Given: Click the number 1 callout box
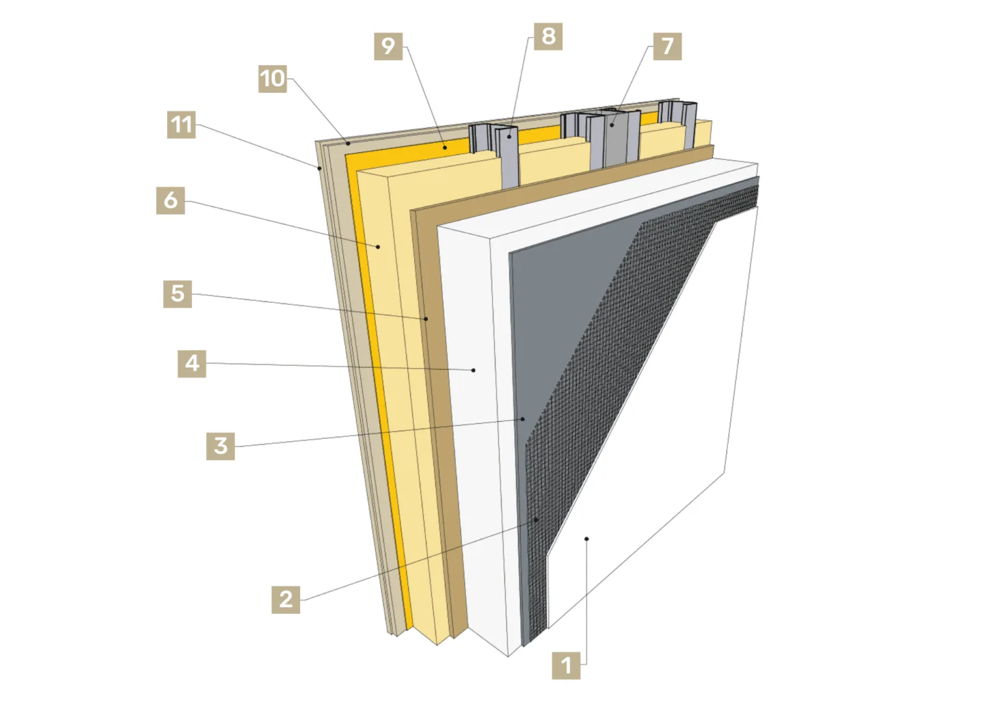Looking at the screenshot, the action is (x=566, y=665).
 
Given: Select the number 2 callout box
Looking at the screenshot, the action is (x=286, y=599).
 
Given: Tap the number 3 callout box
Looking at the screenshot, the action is (x=220, y=446).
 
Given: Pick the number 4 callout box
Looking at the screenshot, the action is (x=192, y=364).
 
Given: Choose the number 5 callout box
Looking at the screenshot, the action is (x=177, y=294).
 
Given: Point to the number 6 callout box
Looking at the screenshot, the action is (x=170, y=200).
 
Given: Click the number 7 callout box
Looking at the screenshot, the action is (x=667, y=46).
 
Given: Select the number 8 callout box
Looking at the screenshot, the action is (x=548, y=37).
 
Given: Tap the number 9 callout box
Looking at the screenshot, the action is (x=388, y=46).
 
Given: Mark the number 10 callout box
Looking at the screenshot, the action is (x=273, y=79).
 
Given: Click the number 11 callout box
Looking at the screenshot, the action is (x=181, y=125).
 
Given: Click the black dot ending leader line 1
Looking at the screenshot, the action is (x=586, y=539).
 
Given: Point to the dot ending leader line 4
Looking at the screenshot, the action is (x=473, y=370).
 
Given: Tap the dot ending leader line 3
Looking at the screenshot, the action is (x=523, y=419).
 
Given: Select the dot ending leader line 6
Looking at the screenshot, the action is (x=378, y=247).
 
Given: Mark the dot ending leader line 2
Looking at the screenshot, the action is (x=536, y=520).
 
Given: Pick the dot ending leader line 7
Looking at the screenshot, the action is (x=611, y=125).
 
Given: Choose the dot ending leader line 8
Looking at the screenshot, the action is (x=509, y=136).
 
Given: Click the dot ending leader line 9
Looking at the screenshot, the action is (x=445, y=148).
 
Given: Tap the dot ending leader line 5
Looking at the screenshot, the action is (x=426, y=319).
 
